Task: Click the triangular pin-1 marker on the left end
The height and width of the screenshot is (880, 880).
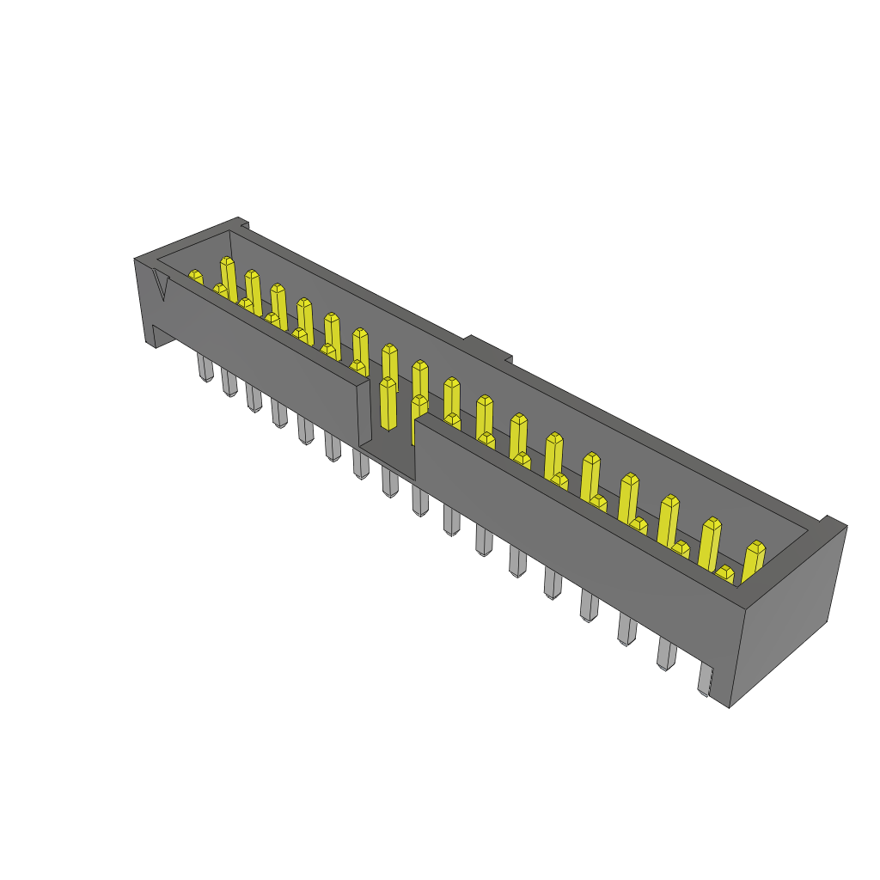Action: point(160,283)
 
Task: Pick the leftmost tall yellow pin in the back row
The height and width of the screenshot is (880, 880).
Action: point(228,278)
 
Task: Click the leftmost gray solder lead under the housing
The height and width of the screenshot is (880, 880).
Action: point(205,368)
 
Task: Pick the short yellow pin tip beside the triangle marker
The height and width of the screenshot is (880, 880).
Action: point(195,277)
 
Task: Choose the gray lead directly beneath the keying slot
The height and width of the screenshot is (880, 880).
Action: point(389,482)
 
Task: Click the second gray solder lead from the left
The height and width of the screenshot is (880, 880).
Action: point(229,382)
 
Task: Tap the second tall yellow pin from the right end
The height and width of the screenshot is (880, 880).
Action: point(709,541)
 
